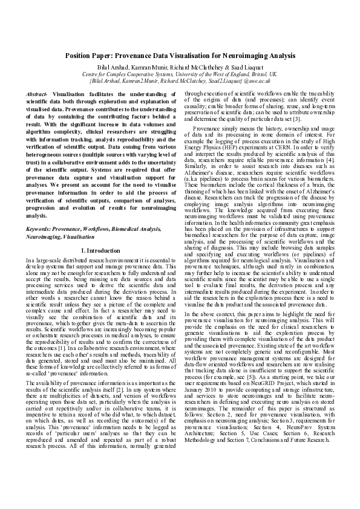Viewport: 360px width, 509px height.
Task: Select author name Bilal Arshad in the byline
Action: tap(113, 66)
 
